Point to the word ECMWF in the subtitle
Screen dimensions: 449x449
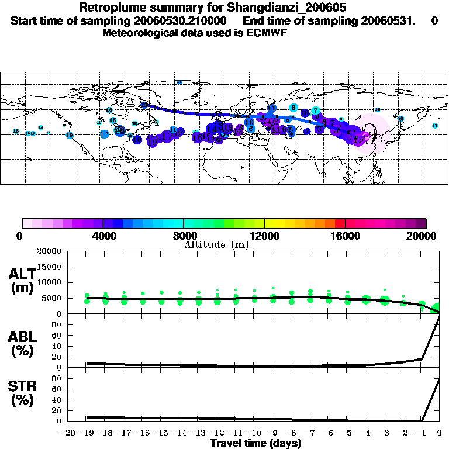click(266, 33)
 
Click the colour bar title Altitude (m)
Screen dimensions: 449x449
click(216, 244)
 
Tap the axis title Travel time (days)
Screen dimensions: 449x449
click(255, 443)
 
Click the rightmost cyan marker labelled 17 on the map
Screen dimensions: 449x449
click(435, 126)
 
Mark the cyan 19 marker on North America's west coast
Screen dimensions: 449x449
click(70, 135)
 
